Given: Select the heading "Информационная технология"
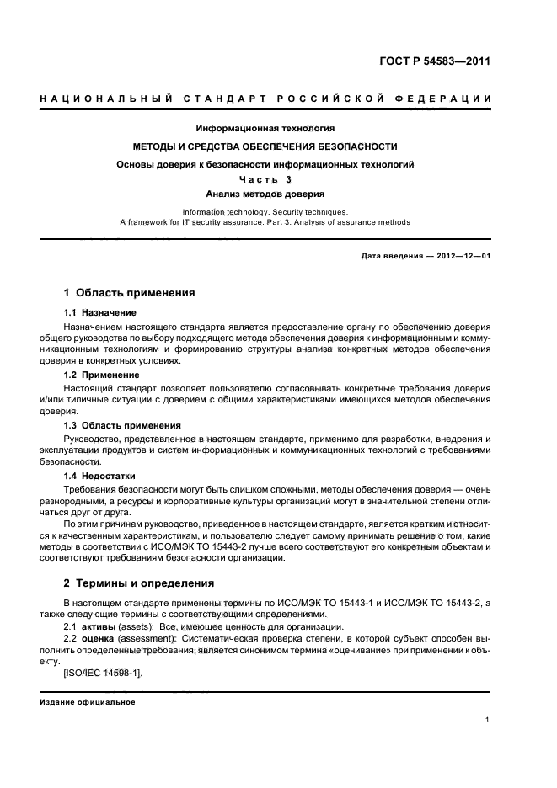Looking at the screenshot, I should (x=265, y=129).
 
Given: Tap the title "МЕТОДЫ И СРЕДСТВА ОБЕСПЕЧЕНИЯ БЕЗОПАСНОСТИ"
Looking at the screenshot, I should (x=265, y=146).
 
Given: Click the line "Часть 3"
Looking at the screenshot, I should (x=265, y=179).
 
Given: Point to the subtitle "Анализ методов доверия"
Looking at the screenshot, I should (x=265, y=194).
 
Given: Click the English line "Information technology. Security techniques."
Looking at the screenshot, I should (x=265, y=212).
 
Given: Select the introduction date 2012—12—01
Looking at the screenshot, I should (x=462, y=255).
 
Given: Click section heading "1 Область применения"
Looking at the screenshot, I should (x=130, y=293).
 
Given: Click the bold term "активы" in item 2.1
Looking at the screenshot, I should (x=99, y=627).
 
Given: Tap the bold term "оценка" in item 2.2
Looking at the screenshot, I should (x=99, y=640).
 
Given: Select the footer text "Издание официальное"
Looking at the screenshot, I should (x=87, y=701).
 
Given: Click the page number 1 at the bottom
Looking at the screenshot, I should (x=488, y=720).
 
